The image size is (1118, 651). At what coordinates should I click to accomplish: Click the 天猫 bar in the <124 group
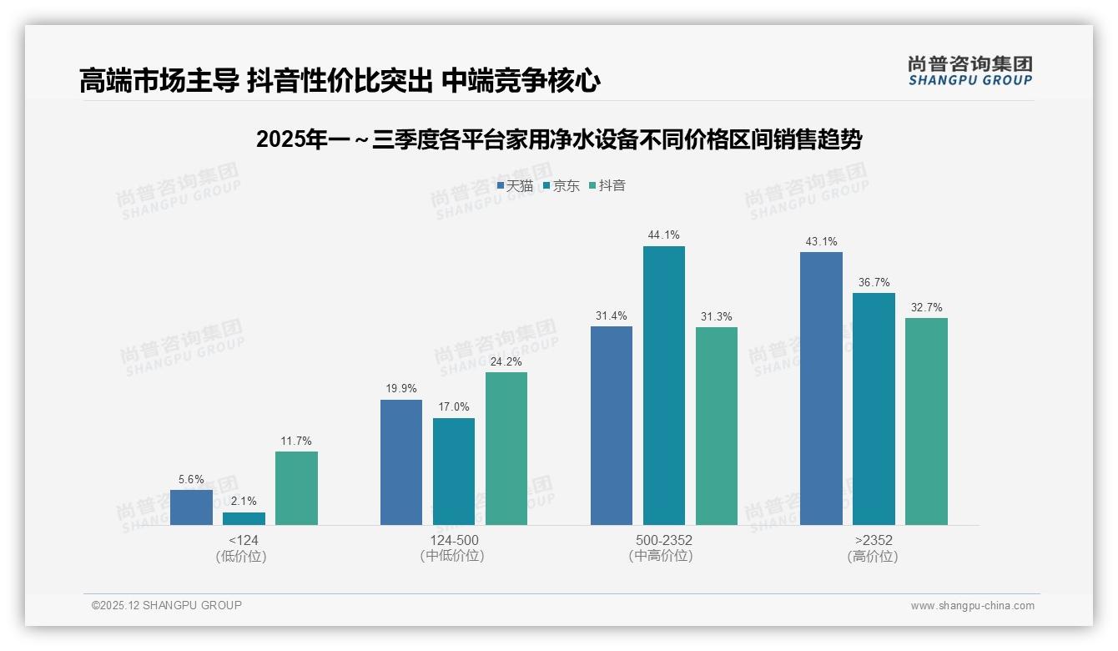coord(191,507)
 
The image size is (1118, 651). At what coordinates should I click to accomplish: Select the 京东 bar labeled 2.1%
coord(244,518)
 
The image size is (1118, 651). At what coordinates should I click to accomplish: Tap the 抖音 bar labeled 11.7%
coord(296,488)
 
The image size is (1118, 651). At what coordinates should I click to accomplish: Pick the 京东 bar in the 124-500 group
coord(454,472)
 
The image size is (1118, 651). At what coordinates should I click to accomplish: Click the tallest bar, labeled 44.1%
coord(664,386)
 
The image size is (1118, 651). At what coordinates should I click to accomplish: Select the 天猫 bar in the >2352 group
coord(821,388)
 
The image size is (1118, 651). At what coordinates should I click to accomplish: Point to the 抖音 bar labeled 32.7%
coord(926,421)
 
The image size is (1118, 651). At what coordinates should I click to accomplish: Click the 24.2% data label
coord(506,361)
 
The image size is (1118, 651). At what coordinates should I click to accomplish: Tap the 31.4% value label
coord(612,315)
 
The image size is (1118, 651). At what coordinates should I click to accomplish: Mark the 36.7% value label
coord(874,282)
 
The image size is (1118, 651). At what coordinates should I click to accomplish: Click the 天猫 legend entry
coord(515,185)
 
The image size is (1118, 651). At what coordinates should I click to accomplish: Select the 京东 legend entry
coord(561,185)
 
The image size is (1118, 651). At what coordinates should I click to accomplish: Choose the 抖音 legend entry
coord(607,185)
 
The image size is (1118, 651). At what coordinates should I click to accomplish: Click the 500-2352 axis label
coord(664,540)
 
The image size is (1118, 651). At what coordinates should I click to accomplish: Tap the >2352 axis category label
coord(873,540)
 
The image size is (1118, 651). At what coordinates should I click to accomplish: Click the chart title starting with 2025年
coord(559,139)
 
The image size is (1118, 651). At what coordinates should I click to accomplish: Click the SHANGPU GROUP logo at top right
coord(969,70)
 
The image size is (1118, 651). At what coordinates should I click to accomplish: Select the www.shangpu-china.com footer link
coord(972,606)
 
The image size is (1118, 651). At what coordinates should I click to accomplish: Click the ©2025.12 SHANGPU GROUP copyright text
coord(167,605)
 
